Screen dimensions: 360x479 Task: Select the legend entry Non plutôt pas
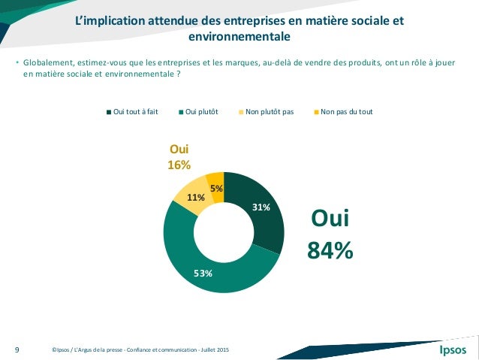pos(267,112)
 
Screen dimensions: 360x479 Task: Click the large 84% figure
pos(330,250)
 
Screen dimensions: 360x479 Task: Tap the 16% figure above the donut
pos(179,165)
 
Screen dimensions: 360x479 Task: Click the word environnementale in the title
pos(239,36)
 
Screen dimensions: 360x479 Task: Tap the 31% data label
pos(261,207)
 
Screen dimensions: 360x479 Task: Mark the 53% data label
pos(203,273)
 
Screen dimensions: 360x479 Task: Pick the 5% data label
pos(215,189)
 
